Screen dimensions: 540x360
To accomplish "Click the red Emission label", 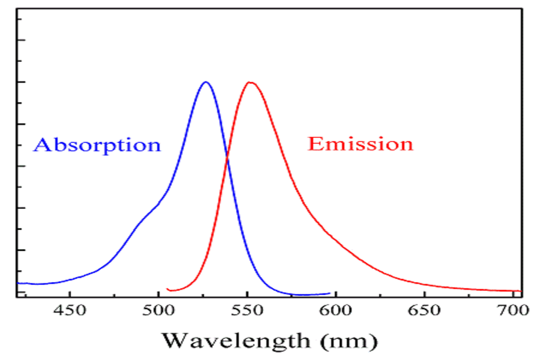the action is point(360,143).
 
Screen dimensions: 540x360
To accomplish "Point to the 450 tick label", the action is point(70,310).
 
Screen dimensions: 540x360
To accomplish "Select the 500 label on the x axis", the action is point(158,310).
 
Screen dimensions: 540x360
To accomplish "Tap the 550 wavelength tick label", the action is point(247,310).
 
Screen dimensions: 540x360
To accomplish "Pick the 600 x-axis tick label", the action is point(335,310).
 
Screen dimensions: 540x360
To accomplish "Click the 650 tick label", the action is point(424,310).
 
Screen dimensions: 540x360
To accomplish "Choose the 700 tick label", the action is point(513,310).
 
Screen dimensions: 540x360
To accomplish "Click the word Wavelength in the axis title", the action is point(236,341).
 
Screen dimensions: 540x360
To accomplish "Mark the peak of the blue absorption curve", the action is point(206,82).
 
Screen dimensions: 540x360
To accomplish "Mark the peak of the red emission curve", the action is point(250,82).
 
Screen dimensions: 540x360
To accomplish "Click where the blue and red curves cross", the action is point(227,159).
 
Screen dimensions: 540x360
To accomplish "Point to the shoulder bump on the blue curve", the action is point(148,214).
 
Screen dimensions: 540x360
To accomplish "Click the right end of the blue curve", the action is point(330,293).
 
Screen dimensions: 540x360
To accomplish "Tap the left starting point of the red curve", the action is point(167,289).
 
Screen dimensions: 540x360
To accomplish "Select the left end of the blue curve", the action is point(17,283).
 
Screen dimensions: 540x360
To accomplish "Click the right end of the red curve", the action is point(521,291).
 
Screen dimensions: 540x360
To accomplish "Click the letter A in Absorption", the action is point(41,145).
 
